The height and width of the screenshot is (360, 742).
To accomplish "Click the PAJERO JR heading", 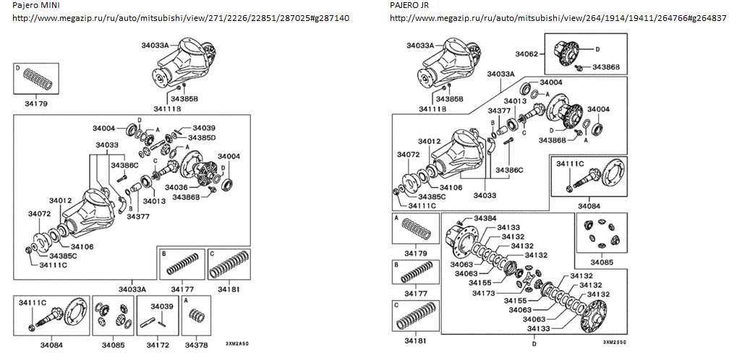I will point(408,6).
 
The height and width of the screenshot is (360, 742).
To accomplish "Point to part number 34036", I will point(176,187).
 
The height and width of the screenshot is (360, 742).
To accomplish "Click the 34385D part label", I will point(202,137).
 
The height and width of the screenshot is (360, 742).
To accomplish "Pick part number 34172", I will point(158,345).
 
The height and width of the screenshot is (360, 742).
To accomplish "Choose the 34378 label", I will point(196,345).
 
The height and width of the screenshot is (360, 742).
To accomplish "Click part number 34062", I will point(526,53).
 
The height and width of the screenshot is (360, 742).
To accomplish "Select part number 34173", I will point(484,293).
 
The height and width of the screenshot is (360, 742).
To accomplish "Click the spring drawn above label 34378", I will point(197,316).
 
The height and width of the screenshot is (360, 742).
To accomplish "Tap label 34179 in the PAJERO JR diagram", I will point(416,253).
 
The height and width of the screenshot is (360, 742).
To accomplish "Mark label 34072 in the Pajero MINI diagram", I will point(40,214).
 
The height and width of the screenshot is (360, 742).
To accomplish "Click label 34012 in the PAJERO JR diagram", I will point(430,141).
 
